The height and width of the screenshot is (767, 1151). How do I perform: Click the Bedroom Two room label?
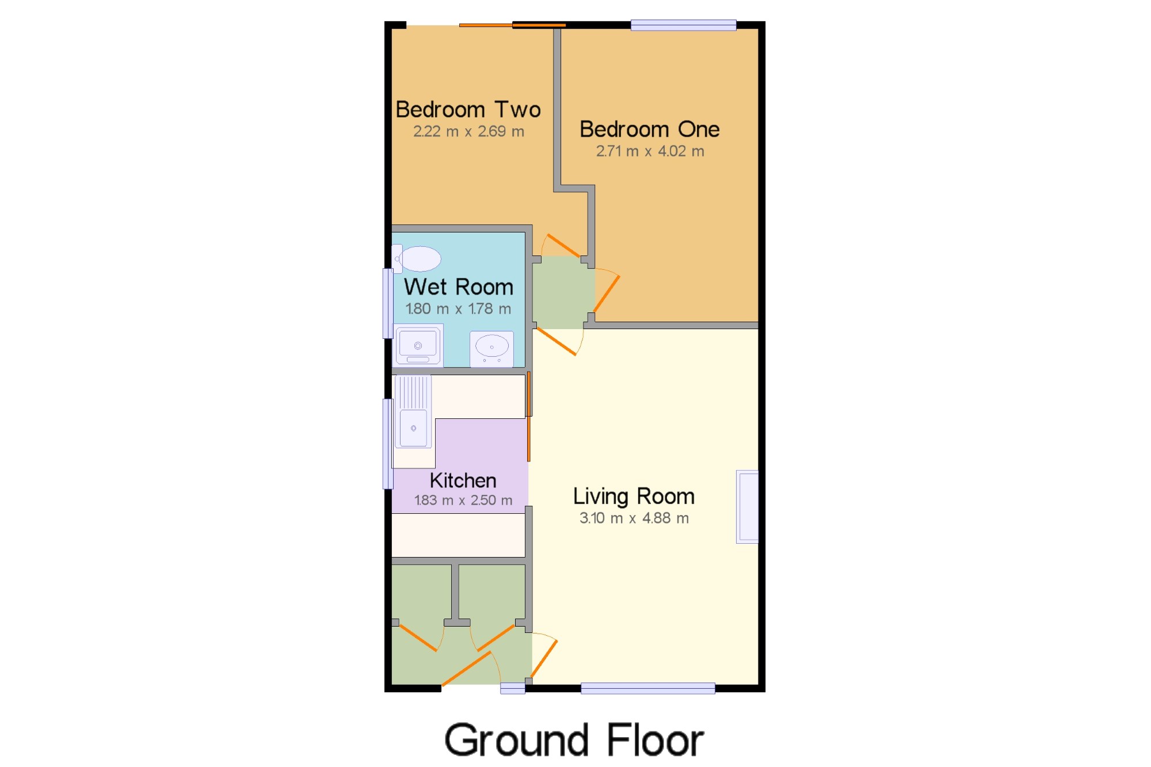[x=468, y=109]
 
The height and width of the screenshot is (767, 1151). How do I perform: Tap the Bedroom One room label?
[x=649, y=129]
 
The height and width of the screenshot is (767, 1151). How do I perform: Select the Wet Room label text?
[x=458, y=287]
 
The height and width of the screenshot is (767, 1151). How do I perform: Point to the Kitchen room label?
[x=463, y=480]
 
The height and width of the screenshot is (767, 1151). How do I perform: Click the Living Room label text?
[x=634, y=497]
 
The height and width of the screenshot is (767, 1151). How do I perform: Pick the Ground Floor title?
[x=574, y=740]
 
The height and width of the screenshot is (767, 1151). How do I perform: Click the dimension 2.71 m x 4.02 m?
[x=650, y=151]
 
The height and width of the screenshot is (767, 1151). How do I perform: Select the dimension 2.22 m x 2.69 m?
[x=468, y=132]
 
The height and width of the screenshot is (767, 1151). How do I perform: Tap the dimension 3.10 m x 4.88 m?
[x=634, y=518]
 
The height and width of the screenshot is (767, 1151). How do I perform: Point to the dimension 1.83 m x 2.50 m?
[x=463, y=501]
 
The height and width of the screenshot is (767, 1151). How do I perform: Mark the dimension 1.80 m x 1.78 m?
[x=458, y=309]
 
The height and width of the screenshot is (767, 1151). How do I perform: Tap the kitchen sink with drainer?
[x=413, y=411]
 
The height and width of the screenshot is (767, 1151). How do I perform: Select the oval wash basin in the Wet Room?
[x=491, y=349]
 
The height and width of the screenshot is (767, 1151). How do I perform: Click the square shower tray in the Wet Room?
[x=418, y=345]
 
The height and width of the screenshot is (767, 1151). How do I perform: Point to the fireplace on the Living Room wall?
[x=748, y=507]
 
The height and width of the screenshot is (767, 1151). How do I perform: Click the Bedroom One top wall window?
[x=683, y=25]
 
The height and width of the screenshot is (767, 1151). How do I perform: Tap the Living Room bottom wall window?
[x=648, y=688]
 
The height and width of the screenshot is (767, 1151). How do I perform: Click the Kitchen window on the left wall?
[x=388, y=444]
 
